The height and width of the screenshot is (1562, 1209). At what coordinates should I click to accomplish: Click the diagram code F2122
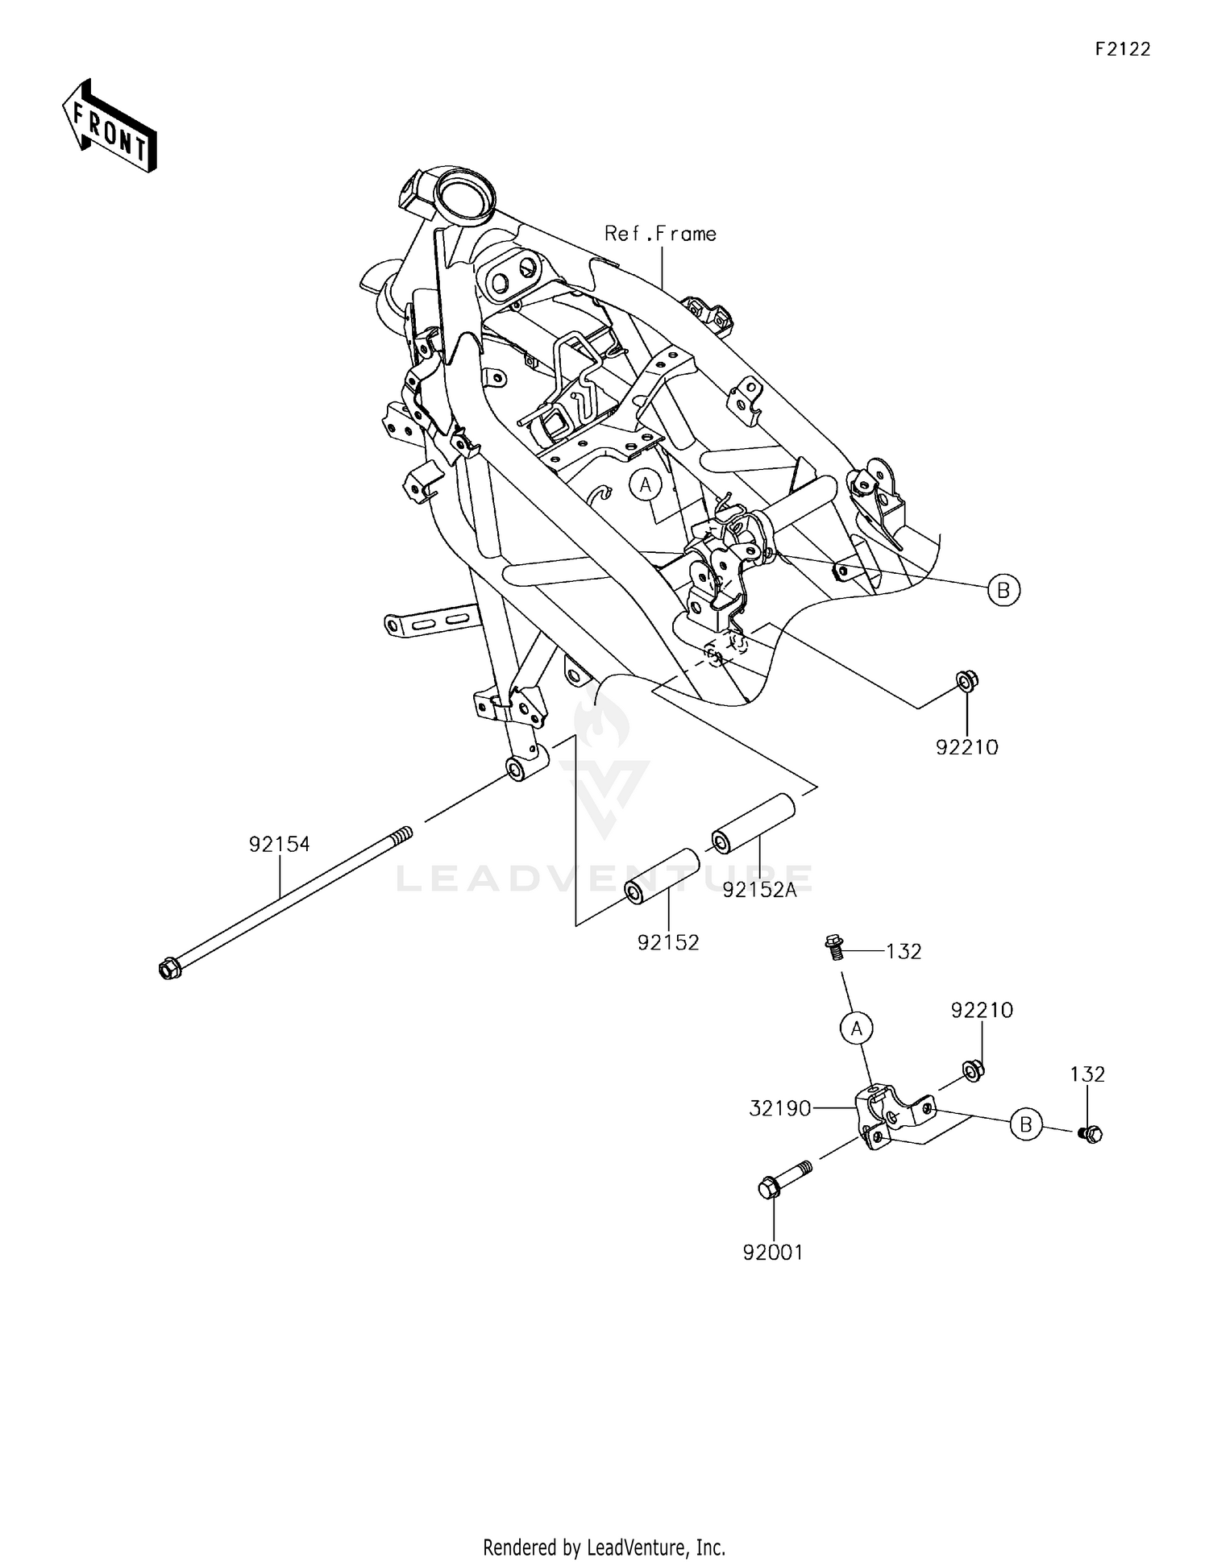1122,49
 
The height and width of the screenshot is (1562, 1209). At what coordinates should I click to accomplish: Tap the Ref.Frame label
660,234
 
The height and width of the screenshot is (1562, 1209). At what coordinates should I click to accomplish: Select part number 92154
279,845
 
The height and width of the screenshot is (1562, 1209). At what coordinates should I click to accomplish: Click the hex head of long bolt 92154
169,968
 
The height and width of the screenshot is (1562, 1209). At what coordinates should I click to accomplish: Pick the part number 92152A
759,890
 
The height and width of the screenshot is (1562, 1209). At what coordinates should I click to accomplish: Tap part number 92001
773,1253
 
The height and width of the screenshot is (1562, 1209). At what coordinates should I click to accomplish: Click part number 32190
779,1109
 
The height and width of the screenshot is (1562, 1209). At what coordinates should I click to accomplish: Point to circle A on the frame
645,484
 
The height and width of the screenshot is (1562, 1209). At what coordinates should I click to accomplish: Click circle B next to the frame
1003,591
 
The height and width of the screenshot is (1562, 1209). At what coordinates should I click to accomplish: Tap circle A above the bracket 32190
856,1028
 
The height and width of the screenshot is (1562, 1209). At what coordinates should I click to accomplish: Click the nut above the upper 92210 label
966,682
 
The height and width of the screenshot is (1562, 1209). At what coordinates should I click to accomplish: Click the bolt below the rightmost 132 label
1091,1133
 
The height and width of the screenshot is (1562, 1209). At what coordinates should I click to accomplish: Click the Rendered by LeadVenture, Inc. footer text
604,1547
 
